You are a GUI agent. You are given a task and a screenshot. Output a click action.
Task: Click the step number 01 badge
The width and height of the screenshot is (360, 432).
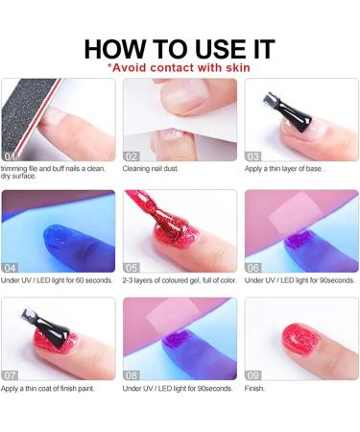[11, 156]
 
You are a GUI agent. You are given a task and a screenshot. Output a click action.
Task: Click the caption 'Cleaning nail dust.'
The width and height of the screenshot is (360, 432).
[156, 169]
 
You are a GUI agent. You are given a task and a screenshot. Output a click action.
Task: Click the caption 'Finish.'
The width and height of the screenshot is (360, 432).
[256, 389]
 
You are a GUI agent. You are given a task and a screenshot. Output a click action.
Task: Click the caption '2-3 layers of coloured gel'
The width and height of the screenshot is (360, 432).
[178, 279]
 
